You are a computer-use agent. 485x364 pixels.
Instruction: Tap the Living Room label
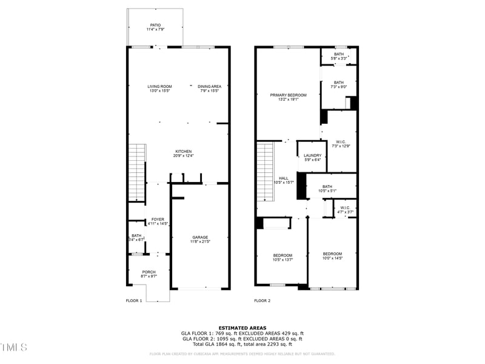pos(159,89)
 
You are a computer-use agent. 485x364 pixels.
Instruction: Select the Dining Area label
pos(209,89)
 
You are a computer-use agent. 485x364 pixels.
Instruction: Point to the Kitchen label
pos(184,153)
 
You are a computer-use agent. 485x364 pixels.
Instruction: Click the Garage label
pos(201,240)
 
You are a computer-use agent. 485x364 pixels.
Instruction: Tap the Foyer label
pos(158,221)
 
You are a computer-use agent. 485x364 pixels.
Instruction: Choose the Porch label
pos(149,274)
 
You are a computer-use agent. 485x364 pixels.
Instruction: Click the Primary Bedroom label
pos(289,97)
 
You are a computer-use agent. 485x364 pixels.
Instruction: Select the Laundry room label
pos(313,158)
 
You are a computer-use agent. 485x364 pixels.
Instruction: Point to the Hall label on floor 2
pos(283,180)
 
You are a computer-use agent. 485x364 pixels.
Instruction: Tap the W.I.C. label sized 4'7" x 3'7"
pos(345,210)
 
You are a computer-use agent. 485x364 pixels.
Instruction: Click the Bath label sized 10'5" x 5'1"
pos(327,189)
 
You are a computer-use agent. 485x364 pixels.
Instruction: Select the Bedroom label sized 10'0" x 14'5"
pos(332,256)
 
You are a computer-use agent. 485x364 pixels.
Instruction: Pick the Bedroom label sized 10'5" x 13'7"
pos(283,257)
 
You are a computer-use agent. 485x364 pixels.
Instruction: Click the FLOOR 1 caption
pos(134,301)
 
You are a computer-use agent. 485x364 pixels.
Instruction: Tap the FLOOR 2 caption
pos(262,301)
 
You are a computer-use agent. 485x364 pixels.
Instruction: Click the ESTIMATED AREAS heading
pos(242,328)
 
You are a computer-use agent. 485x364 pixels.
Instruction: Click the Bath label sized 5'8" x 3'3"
pos(338,56)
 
